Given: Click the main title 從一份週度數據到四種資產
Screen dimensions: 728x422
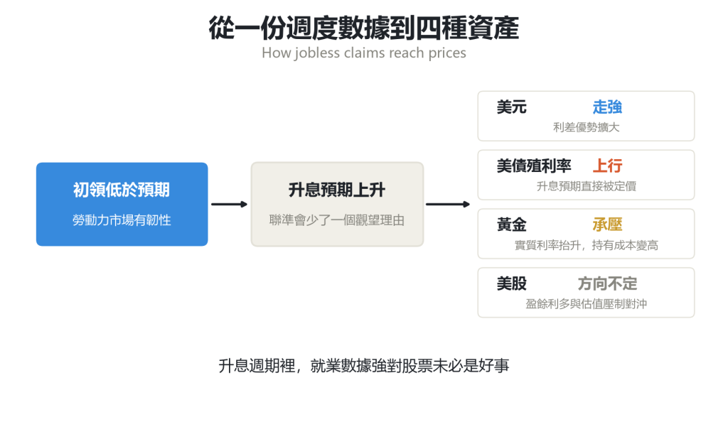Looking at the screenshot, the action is [x=363, y=28].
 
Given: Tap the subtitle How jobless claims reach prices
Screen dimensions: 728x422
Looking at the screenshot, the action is [x=363, y=53].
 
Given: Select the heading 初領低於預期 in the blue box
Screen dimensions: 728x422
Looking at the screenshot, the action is [x=122, y=190].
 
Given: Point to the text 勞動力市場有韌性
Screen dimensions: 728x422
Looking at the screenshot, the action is [x=122, y=220].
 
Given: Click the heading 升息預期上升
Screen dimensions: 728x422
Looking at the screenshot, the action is [x=337, y=190].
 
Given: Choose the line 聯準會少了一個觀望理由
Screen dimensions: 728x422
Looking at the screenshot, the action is [x=337, y=220].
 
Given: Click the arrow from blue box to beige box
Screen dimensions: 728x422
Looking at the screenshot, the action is [x=230, y=204].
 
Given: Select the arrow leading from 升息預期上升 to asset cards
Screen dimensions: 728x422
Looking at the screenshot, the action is [x=448, y=204].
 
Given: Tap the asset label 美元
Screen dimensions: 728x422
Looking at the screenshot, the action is [x=512, y=107].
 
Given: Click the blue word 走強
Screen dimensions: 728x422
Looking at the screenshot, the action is [x=607, y=107].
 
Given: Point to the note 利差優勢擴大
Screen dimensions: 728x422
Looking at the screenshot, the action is [x=586, y=127].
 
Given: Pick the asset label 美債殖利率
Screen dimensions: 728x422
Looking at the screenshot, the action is [x=534, y=166].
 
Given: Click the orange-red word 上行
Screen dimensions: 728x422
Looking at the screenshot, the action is [x=607, y=166].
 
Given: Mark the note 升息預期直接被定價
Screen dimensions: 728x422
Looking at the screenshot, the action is [x=586, y=186].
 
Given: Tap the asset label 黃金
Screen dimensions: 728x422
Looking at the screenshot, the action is [x=512, y=224].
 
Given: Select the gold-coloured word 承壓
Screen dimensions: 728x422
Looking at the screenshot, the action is [x=607, y=224].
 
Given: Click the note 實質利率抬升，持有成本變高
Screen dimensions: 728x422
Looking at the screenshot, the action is [x=586, y=245].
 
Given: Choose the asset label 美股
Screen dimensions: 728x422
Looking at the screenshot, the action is [x=512, y=283].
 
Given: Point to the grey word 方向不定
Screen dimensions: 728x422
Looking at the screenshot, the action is [x=607, y=283].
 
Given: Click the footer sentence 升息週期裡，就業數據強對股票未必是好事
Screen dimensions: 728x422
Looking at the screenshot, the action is [x=363, y=366].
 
